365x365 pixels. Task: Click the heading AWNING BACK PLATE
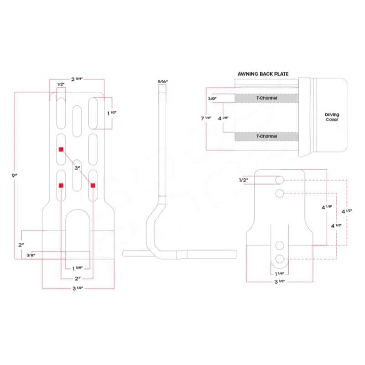click(263, 73)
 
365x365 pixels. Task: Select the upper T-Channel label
click(267, 98)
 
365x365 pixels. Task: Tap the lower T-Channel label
click(267, 136)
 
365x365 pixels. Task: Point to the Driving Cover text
click(332, 117)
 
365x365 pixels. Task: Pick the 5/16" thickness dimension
click(163, 81)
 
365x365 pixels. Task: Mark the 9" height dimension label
click(16, 175)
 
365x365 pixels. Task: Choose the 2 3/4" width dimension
click(77, 79)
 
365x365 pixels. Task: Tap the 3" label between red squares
click(77, 168)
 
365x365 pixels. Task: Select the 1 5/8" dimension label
click(77, 268)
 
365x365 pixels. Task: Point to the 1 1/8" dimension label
click(280, 273)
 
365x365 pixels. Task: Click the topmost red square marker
click(61, 149)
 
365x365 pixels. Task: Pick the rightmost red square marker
click(93, 185)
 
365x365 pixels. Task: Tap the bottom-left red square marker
click(61, 185)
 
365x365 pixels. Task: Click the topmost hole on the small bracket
click(280, 180)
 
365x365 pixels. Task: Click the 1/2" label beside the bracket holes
click(243, 180)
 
